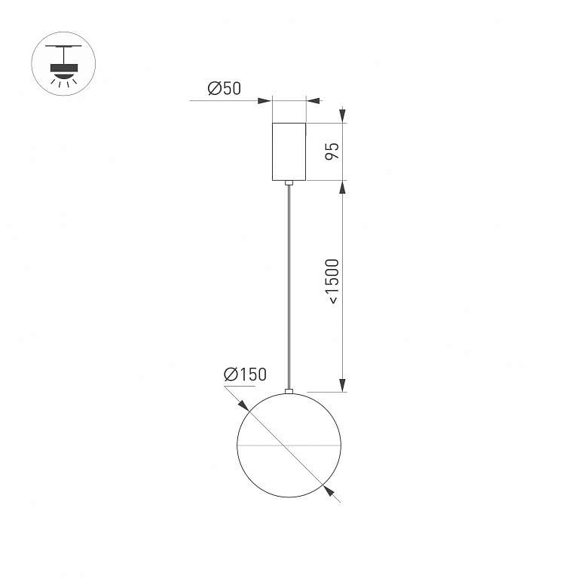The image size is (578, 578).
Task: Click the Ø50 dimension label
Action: pyautogui.click(x=225, y=88)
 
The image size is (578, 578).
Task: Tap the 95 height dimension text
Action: pyautogui.click(x=332, y=151)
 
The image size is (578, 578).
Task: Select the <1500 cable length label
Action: pyautogui.click(x=332, y=281)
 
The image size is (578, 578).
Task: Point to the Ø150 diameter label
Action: pyautogui.click(x=245, y=375)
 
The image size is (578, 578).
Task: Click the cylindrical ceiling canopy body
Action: pyautogui.click(x=289, y=151)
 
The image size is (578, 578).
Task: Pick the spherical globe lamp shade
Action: pyautogui.click(x=289, y=445)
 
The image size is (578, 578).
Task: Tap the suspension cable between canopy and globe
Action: pyautogui.click(x=289, y=287)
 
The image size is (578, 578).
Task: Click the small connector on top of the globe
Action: pyautogui.click(x=289, y=391)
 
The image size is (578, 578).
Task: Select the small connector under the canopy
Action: pyautogui.click(x=289, y=183)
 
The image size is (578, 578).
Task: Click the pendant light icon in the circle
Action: pyautogui.click(x=63, y=64)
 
